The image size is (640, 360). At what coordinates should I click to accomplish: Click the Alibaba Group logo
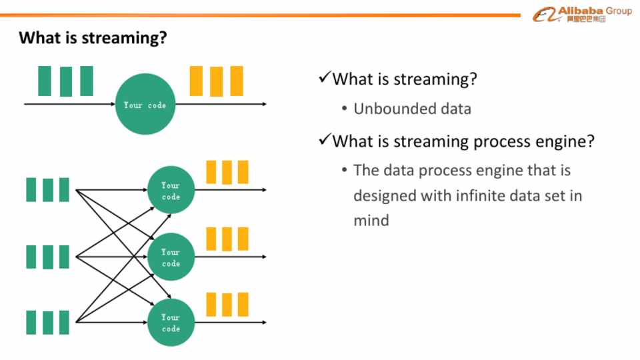(581, 14)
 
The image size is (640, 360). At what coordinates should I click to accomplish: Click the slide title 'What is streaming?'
(92, 37)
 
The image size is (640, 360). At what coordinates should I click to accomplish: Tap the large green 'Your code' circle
(145, 105)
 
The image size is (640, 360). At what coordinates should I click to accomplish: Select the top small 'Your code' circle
(171, 190)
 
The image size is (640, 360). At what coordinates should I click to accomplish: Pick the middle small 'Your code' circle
(171, 257)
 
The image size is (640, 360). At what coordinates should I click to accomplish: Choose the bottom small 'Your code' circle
(171, 323)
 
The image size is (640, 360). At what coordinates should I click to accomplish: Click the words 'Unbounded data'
(412, 109)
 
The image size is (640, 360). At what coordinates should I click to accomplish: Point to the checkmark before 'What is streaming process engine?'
(325, 140)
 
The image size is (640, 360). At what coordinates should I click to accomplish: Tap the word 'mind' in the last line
(371, 220)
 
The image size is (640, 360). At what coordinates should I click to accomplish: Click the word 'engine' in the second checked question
(559, 141)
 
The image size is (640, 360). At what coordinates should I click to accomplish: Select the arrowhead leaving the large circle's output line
(264, 104)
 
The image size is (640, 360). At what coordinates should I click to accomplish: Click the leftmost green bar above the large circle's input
(45, 81)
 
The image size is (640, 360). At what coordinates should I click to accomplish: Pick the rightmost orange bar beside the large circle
(237, 81)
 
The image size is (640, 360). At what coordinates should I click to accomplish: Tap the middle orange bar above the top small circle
(227, 172)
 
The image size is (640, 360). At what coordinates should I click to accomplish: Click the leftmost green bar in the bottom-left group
(32, 322)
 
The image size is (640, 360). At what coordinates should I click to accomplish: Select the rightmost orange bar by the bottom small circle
(243, 305)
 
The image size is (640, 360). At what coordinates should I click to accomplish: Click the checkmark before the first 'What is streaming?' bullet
(325, 78)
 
